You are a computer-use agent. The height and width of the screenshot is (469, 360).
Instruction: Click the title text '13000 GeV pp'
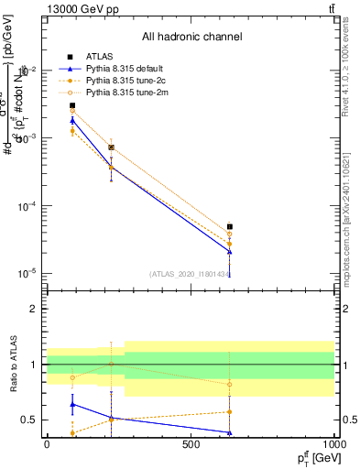(x=76, y=9)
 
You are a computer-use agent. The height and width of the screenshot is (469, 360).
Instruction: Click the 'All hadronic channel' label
(x=191, y=38)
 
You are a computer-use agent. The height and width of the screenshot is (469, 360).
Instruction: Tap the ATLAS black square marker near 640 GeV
(x=230, y=226)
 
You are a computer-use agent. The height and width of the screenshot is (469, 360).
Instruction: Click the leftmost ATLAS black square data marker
(x=72, y=105)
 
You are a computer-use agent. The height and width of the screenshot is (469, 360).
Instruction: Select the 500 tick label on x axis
(x=191, y=444)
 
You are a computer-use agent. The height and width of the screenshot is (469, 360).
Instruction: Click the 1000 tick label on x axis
(x=333, y=444)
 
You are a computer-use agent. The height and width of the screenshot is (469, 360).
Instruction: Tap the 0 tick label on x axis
(x=47, y=444)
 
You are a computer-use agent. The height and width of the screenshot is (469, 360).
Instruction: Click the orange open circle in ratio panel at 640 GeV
(x=230, y=384)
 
